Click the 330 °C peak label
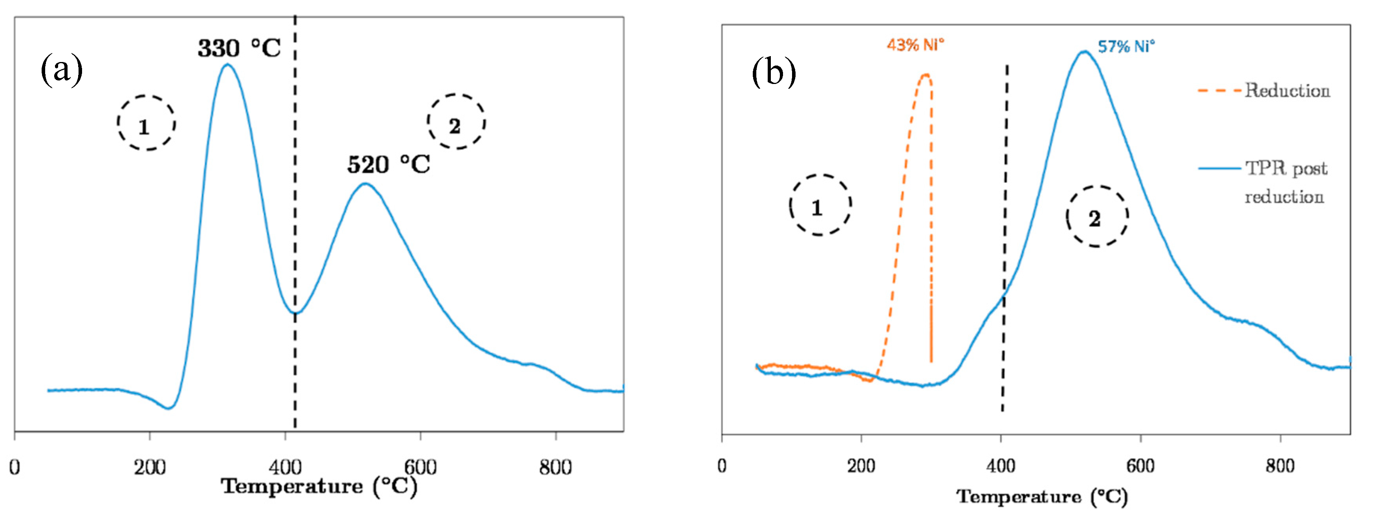coord(239,49)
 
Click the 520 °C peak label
coord(388,165)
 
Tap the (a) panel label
coord(61,69)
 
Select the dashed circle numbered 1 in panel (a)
coord(146,123)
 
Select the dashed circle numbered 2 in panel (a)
coord(456,122)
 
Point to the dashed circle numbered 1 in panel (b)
coord(820,205)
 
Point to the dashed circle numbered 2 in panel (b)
coord(1097,216)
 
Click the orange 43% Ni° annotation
coord(915,45)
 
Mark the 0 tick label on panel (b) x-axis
coord(722,465)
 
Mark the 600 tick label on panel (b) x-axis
coord(1140,465)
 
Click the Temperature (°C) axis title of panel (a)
coord(319,486)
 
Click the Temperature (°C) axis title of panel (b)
coord(1042,496)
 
